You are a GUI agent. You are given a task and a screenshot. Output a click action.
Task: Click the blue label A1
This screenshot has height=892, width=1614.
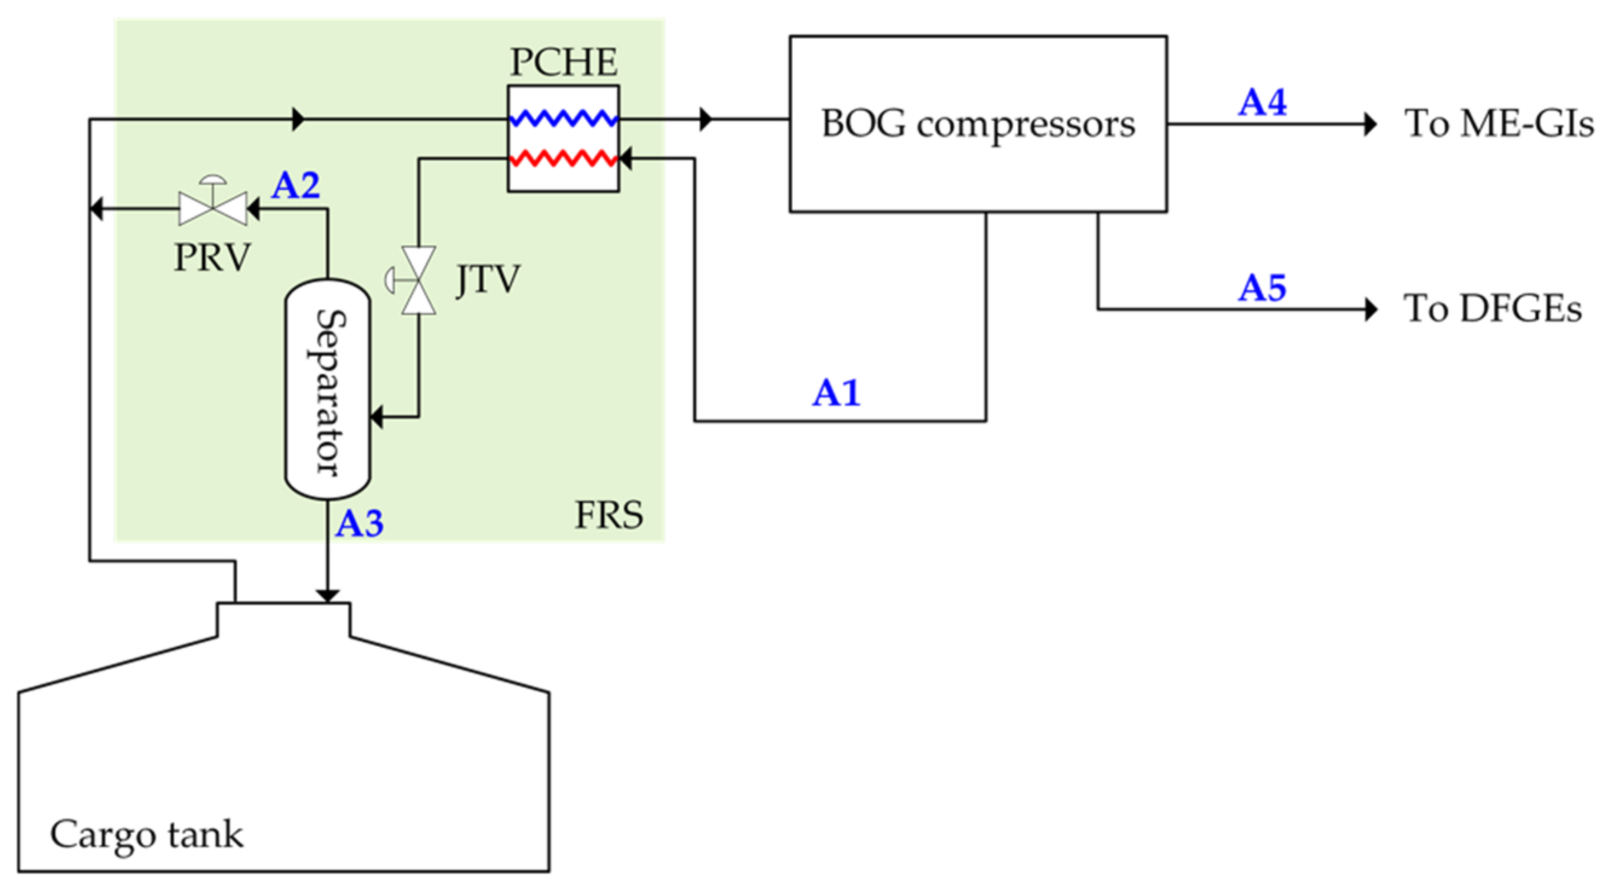pos(836,393)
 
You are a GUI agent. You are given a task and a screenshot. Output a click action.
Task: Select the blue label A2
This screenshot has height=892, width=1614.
pos(295,186)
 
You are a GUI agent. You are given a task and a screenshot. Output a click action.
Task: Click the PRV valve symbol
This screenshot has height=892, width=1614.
pos(213,205)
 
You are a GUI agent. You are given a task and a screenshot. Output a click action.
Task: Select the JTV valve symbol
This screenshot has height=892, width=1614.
pos(418,280)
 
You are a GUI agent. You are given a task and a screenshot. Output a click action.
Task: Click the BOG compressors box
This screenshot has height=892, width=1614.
pos(977,124)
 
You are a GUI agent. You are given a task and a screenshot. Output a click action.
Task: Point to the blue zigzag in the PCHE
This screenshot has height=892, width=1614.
pos(563,118)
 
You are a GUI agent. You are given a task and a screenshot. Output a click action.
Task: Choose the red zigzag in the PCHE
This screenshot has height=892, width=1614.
pos(563,158)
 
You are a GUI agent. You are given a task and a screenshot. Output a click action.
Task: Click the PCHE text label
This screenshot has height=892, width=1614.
pos(563,63)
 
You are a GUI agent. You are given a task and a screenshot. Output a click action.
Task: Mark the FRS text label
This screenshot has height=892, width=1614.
pos(608,515)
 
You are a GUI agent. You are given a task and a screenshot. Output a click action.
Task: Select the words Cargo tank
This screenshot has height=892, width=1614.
pos(147,835)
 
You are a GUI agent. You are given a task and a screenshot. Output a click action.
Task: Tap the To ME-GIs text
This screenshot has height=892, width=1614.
pos(1499,123)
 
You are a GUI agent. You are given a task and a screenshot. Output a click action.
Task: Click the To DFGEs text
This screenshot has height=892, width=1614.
pos(1492,308)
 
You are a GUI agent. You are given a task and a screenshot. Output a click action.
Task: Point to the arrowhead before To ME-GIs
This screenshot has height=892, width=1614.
pos(1370,124)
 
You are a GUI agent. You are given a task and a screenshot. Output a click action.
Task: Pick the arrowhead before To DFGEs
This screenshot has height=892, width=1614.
pos(1370,309)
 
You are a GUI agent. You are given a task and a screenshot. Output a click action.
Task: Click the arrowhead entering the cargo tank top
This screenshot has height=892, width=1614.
pos(328,595)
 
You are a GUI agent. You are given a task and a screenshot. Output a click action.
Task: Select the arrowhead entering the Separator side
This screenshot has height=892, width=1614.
pos(377,416)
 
